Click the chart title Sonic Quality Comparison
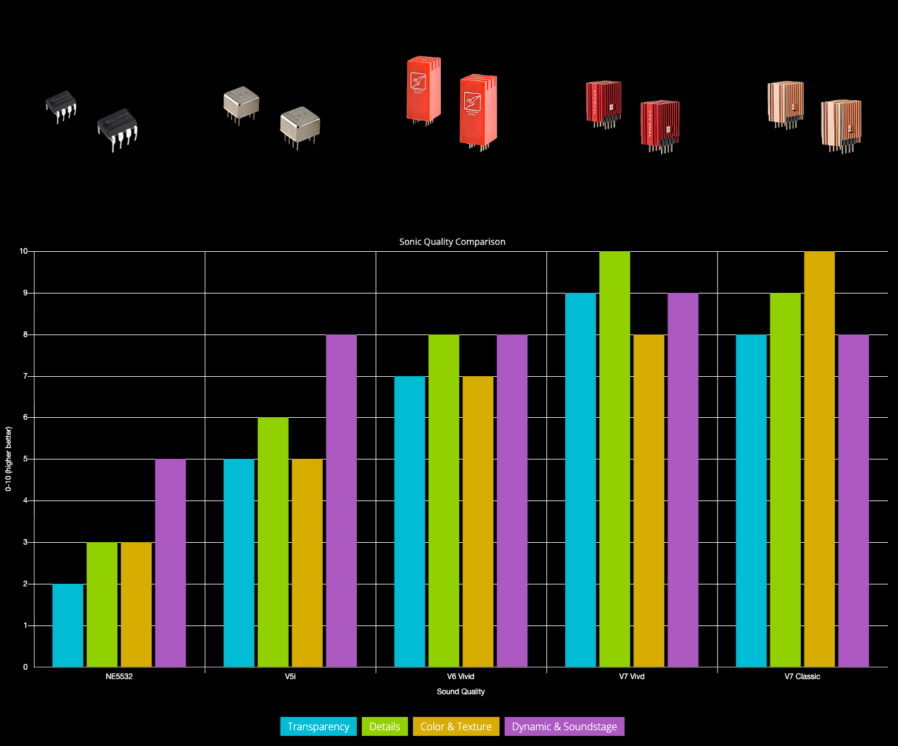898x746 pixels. click(x=452, y=242)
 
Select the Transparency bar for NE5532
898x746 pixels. click(x=68, y=625)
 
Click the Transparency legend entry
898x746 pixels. click(x=318, y=726)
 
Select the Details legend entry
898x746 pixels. click(x=385, y=726)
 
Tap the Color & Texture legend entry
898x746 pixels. click(x=456, y=726)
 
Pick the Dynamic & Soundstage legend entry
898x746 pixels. click(x=565, y=726)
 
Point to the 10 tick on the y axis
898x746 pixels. click(x=24, y=251)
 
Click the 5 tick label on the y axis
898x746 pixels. click(x=25, y=459)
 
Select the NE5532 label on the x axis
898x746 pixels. click(x=119, y=677)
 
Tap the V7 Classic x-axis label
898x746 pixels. click(x=802, y=677)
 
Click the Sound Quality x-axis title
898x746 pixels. click(x=460, y=692)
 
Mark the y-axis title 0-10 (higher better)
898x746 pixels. click(x=9, y=459)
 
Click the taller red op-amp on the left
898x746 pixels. click(x=424, y=88)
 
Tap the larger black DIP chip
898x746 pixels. click(x=117, y=129)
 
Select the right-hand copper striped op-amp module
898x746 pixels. click(x=841, y=124)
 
